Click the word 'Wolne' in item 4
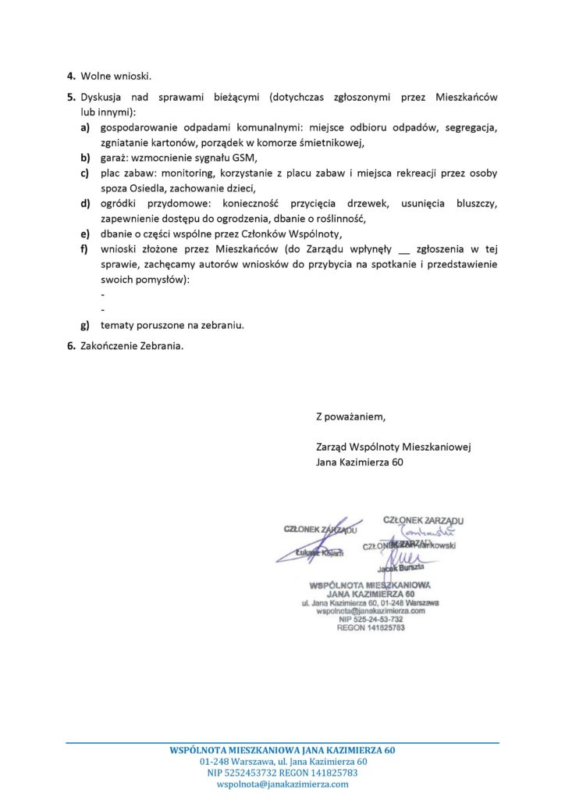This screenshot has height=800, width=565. [97, 77]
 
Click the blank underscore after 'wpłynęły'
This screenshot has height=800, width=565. [404, 249]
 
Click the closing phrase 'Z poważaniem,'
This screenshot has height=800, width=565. [350, 416]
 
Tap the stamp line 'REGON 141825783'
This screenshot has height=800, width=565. [371, 628]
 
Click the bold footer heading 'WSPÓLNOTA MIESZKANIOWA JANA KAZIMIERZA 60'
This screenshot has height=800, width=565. [282, 750]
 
